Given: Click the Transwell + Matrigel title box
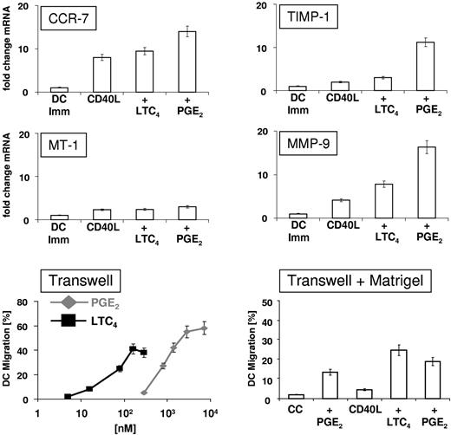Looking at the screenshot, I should click(x=356, y=283).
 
